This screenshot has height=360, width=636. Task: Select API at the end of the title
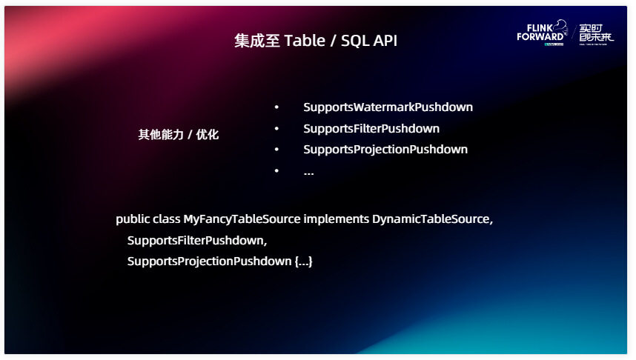[x=385, y=41]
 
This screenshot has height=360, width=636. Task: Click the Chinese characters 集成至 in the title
[x=257, y=41]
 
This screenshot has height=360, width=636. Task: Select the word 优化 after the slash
[x=208, y=135]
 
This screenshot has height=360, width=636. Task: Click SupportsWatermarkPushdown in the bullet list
[x=388, y=107]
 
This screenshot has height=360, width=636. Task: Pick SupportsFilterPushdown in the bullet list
[x=371, y=128]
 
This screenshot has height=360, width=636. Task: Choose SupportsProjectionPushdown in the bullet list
[x=385, y=149]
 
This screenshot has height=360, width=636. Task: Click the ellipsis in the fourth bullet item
[x=308, y=172]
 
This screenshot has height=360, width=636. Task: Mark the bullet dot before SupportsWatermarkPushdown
[x=276, y=107]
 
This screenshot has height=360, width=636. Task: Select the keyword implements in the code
[x=336, y=219]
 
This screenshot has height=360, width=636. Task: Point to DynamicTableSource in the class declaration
[x=431, y=219]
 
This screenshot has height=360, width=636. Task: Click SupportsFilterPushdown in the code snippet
[x=196, y=241]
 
